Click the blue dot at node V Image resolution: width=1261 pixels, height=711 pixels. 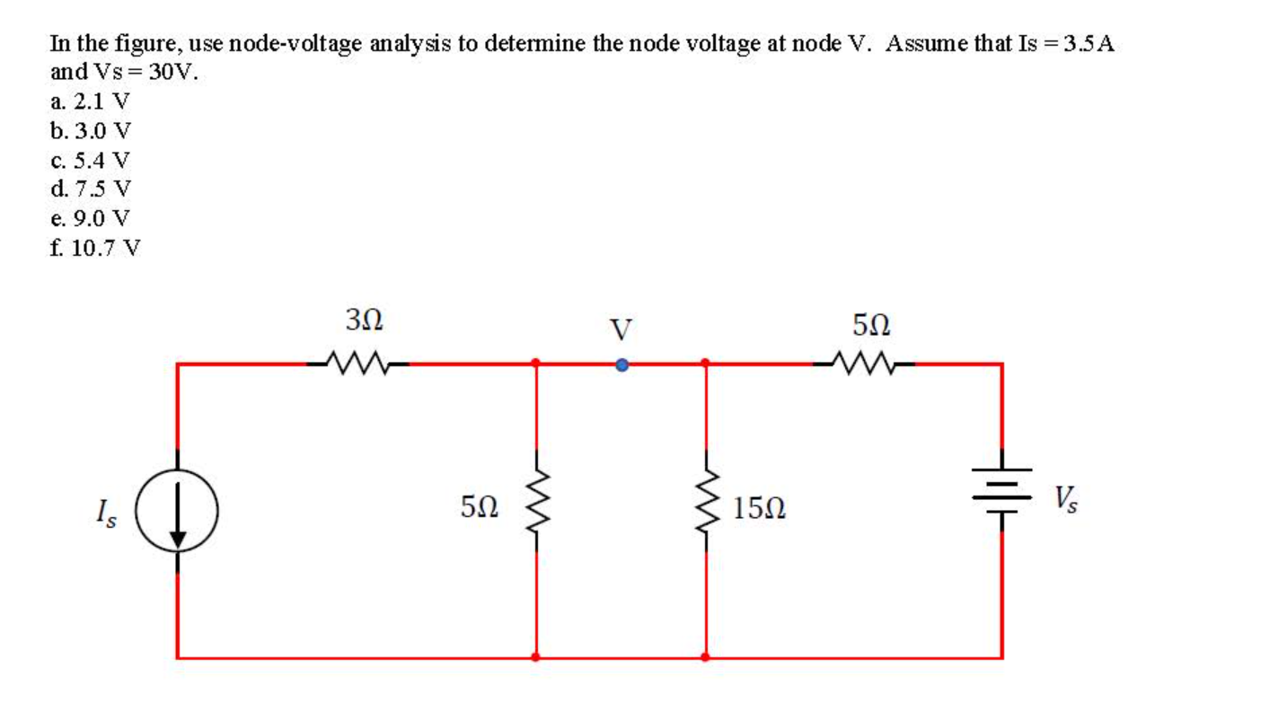(621, 364)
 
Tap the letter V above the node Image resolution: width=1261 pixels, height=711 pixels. (621, 329)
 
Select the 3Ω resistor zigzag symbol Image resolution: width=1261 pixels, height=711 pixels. (357, 364)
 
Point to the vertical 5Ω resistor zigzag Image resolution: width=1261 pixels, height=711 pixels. (537, 506)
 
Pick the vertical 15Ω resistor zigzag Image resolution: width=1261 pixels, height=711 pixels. (706, 506)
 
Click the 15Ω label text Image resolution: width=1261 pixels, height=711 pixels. (759, 509)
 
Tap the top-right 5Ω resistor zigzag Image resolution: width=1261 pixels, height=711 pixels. (863, 364)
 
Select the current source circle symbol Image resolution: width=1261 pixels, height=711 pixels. (177, 513)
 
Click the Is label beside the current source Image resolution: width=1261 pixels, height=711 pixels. (105, 514)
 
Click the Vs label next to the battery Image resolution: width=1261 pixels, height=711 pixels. (1067, 497)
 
